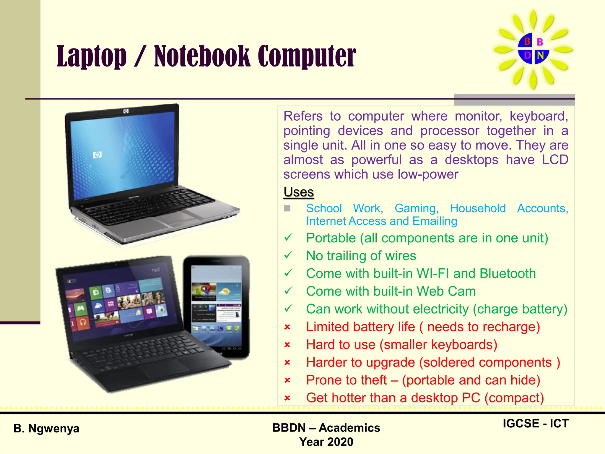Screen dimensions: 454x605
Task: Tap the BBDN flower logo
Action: click(x=534, y=49)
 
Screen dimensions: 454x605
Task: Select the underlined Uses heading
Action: click(x=299, y=192)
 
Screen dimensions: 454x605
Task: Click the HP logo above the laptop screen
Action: click(x=126, y=111)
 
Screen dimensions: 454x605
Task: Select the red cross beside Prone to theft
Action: click(x=287, y=380)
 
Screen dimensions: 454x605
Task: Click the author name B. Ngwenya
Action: click(x=46, y=428)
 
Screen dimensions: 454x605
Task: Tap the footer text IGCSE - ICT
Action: click(x=535, y=424)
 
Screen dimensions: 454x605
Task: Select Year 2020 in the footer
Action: click(x=326, y=442)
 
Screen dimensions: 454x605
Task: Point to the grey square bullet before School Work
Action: click(x=287, y=208)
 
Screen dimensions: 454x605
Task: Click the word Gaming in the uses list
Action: click(x=417, y=208)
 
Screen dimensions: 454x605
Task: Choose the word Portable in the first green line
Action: click(x=331, y=238)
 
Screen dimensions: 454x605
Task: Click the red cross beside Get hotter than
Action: click(x=287, y=398)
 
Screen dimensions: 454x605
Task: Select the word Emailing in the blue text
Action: click(x=435, y=221)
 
